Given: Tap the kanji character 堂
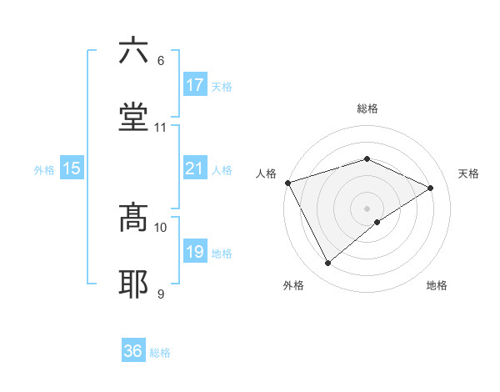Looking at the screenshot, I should click(x=134, y=117).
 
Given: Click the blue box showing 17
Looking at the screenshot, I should click(x=195, y=85).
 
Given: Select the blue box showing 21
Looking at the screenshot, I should click(x=195, y=169).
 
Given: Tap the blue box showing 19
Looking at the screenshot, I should click(x=195, y=252).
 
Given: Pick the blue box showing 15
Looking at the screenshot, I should click(x=72, y=169).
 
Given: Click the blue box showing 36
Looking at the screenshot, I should click(x=133, y=351).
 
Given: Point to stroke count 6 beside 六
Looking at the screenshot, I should click(x=161, y=60).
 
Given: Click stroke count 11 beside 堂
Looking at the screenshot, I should click(x=161, y=128).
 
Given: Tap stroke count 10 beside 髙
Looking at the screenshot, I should click(x=161, y=227).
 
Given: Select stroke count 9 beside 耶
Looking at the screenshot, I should click(x=161, y=294).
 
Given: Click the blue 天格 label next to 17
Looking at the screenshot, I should click(x=222, y=86).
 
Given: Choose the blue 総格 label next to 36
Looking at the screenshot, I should click(x=160, y=353).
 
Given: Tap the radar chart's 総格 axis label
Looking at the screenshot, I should click(x=367, y=108).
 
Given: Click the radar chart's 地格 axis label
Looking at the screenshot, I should click(x=437, y=286).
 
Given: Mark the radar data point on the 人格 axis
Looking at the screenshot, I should click(x=287, y=182).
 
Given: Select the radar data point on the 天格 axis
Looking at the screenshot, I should click(x=431, y=188).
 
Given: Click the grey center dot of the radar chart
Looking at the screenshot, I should click(x=367, y=208).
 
